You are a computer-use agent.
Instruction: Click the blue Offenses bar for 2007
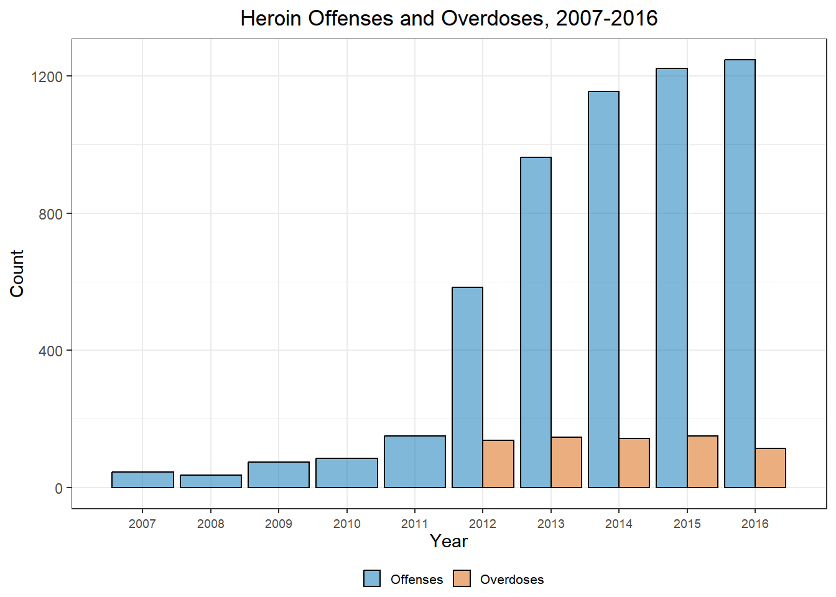click(x=142, y=479)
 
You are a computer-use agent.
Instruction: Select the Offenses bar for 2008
click(x=211, y=481)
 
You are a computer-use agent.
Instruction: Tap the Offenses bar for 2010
click(x=346, y=473)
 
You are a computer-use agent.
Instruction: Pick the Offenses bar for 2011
click(x=415, y=461)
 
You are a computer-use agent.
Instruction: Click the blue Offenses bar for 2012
click(x=467, y=387)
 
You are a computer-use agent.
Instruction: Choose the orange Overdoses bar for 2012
click(x=498, y=464)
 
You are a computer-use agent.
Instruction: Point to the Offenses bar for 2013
click(x=536, y=322)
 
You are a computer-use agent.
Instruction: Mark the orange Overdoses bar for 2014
click(x=634, y=463)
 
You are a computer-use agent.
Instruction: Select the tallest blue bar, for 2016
click(x=740, y=274)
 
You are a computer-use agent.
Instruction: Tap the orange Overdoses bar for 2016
click(x=771, y=468)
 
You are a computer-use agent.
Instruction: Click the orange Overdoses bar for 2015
click(x=702, y=461)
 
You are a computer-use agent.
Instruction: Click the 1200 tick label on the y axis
click(x=47, y=76)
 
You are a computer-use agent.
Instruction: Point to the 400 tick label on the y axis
click(x=50, y=351)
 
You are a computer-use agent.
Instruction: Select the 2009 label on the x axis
click(x=279, y=524)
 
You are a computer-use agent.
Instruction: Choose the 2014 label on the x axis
click(x=619, y=524)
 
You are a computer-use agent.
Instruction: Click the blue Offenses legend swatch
click(x=372, y=578)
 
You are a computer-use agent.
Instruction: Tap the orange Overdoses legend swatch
click(x=462, y=578)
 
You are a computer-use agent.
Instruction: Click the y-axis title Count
click(x=17, y=274)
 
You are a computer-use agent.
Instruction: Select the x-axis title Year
click(x=448, y=541)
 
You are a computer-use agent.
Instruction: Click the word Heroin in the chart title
click(x=271, y=19)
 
